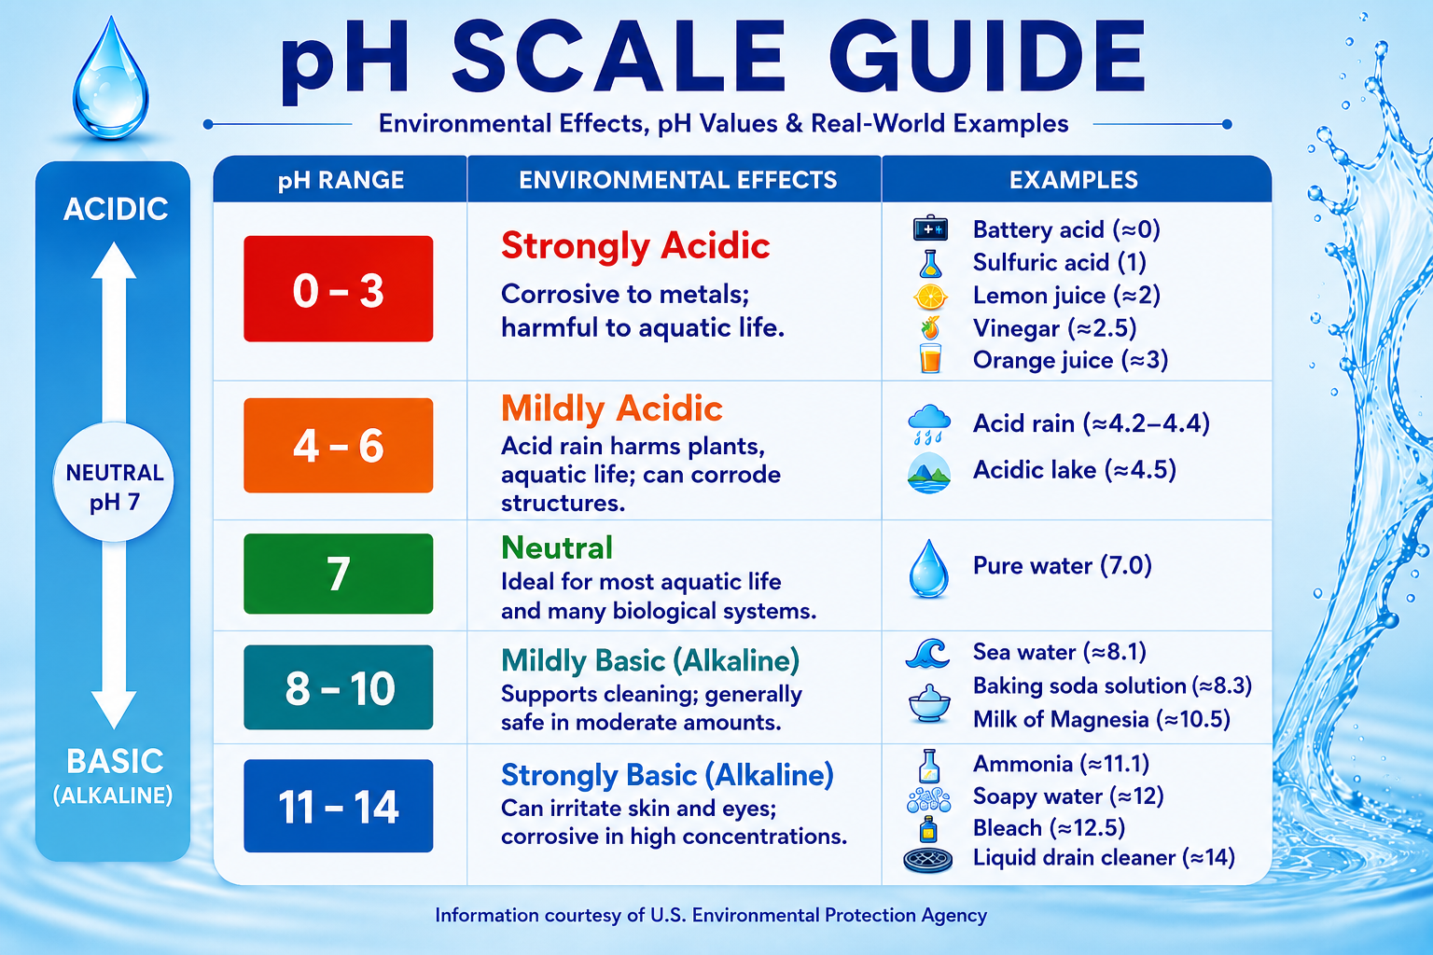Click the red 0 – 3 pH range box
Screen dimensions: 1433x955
pyautogui.click(x=339, y=288)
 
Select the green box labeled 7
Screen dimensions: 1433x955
pyautogui.click(x=339, y=574)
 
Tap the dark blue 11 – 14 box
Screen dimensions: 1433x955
pyautogui.click(x=339, y=806)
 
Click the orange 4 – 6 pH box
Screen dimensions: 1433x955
pyautogui.click(x=339, y=445)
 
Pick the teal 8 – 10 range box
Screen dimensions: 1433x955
pyautogui.click(x=339, y=687)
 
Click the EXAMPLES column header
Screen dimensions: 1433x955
pyautogui.click(x=1074, y=180)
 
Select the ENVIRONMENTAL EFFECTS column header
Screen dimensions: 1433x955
pyautogui.click(x=678, y=180)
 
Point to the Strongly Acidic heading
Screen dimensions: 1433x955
pyautogui.click(x=635, y=246)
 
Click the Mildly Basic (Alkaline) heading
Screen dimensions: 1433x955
pyautogui.click(x=650, y=661)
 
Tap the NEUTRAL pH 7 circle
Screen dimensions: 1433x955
pyautogui.click(x=113, y=481)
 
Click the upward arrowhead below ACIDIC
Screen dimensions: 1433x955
pyautogui.click(x=114, y=260)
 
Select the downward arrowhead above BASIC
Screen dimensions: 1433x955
pyautogui.click(x=114, y=710)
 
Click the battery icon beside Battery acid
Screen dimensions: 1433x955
pyautogui.click(x=930, y=228)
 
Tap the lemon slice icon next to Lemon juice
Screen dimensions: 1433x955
pyautogui.click(x=930, y=297)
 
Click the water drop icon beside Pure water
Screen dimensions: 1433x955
pyautogui.click(x=929, y=569)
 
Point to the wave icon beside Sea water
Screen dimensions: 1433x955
pyautogui.click(x=927, y=654)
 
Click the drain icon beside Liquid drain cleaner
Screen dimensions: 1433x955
pyautogui.click(x=927, y=860)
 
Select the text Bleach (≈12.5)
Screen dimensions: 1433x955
pyautogui.click(x=1049, y=828)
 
